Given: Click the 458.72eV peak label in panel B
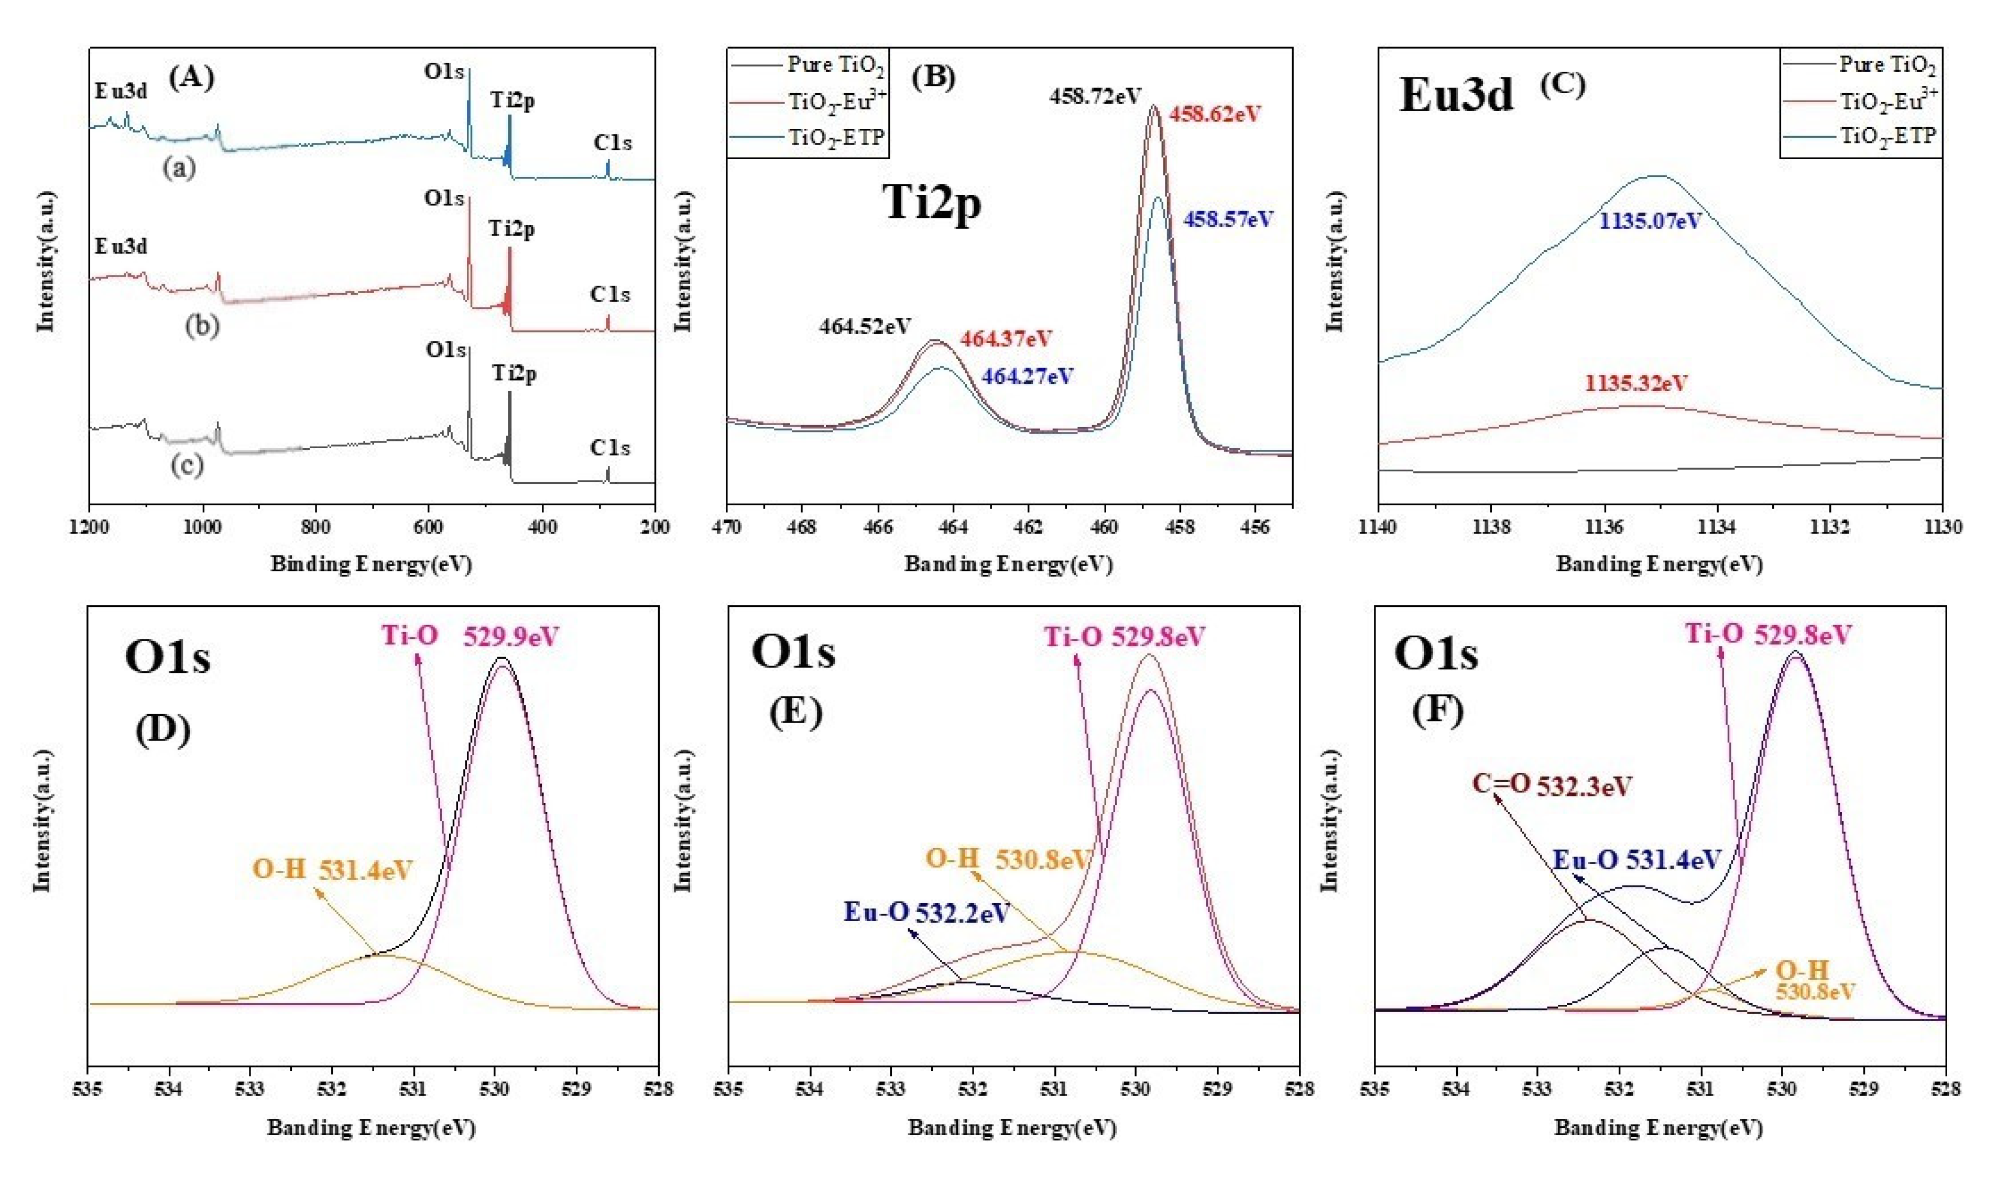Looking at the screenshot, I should click(1095, 97).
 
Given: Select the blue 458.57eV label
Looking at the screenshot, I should click(1228, 219).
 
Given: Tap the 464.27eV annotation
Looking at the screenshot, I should click(1028, 375).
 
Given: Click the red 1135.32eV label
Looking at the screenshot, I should click(1636, 384).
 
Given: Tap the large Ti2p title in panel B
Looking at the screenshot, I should click(932, 202).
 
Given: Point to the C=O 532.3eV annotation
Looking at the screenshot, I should click(1552, 785).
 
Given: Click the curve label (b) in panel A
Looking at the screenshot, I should click(202, 326).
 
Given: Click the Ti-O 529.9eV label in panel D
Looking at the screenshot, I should click(470, 636).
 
